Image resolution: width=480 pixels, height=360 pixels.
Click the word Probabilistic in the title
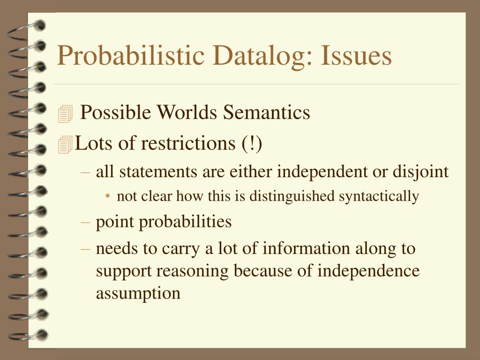(x=131, y=56)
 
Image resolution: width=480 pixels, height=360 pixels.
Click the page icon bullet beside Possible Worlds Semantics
(x=65, y=113)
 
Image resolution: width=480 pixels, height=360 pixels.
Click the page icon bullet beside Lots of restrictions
(x=65, y=144)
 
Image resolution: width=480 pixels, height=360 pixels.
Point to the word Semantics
(x=266, y=112)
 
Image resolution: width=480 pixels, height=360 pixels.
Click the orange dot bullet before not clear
(x=107, y=196)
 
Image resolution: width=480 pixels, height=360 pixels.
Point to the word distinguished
(x=292, y=196)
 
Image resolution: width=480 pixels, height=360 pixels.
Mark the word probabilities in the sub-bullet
(x=185, y=222)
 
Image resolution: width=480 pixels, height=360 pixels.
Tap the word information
(x=306, y=248)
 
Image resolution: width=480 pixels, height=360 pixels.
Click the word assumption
(x=138, y=294)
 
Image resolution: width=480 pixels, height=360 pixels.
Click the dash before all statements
(x=85, y=172)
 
